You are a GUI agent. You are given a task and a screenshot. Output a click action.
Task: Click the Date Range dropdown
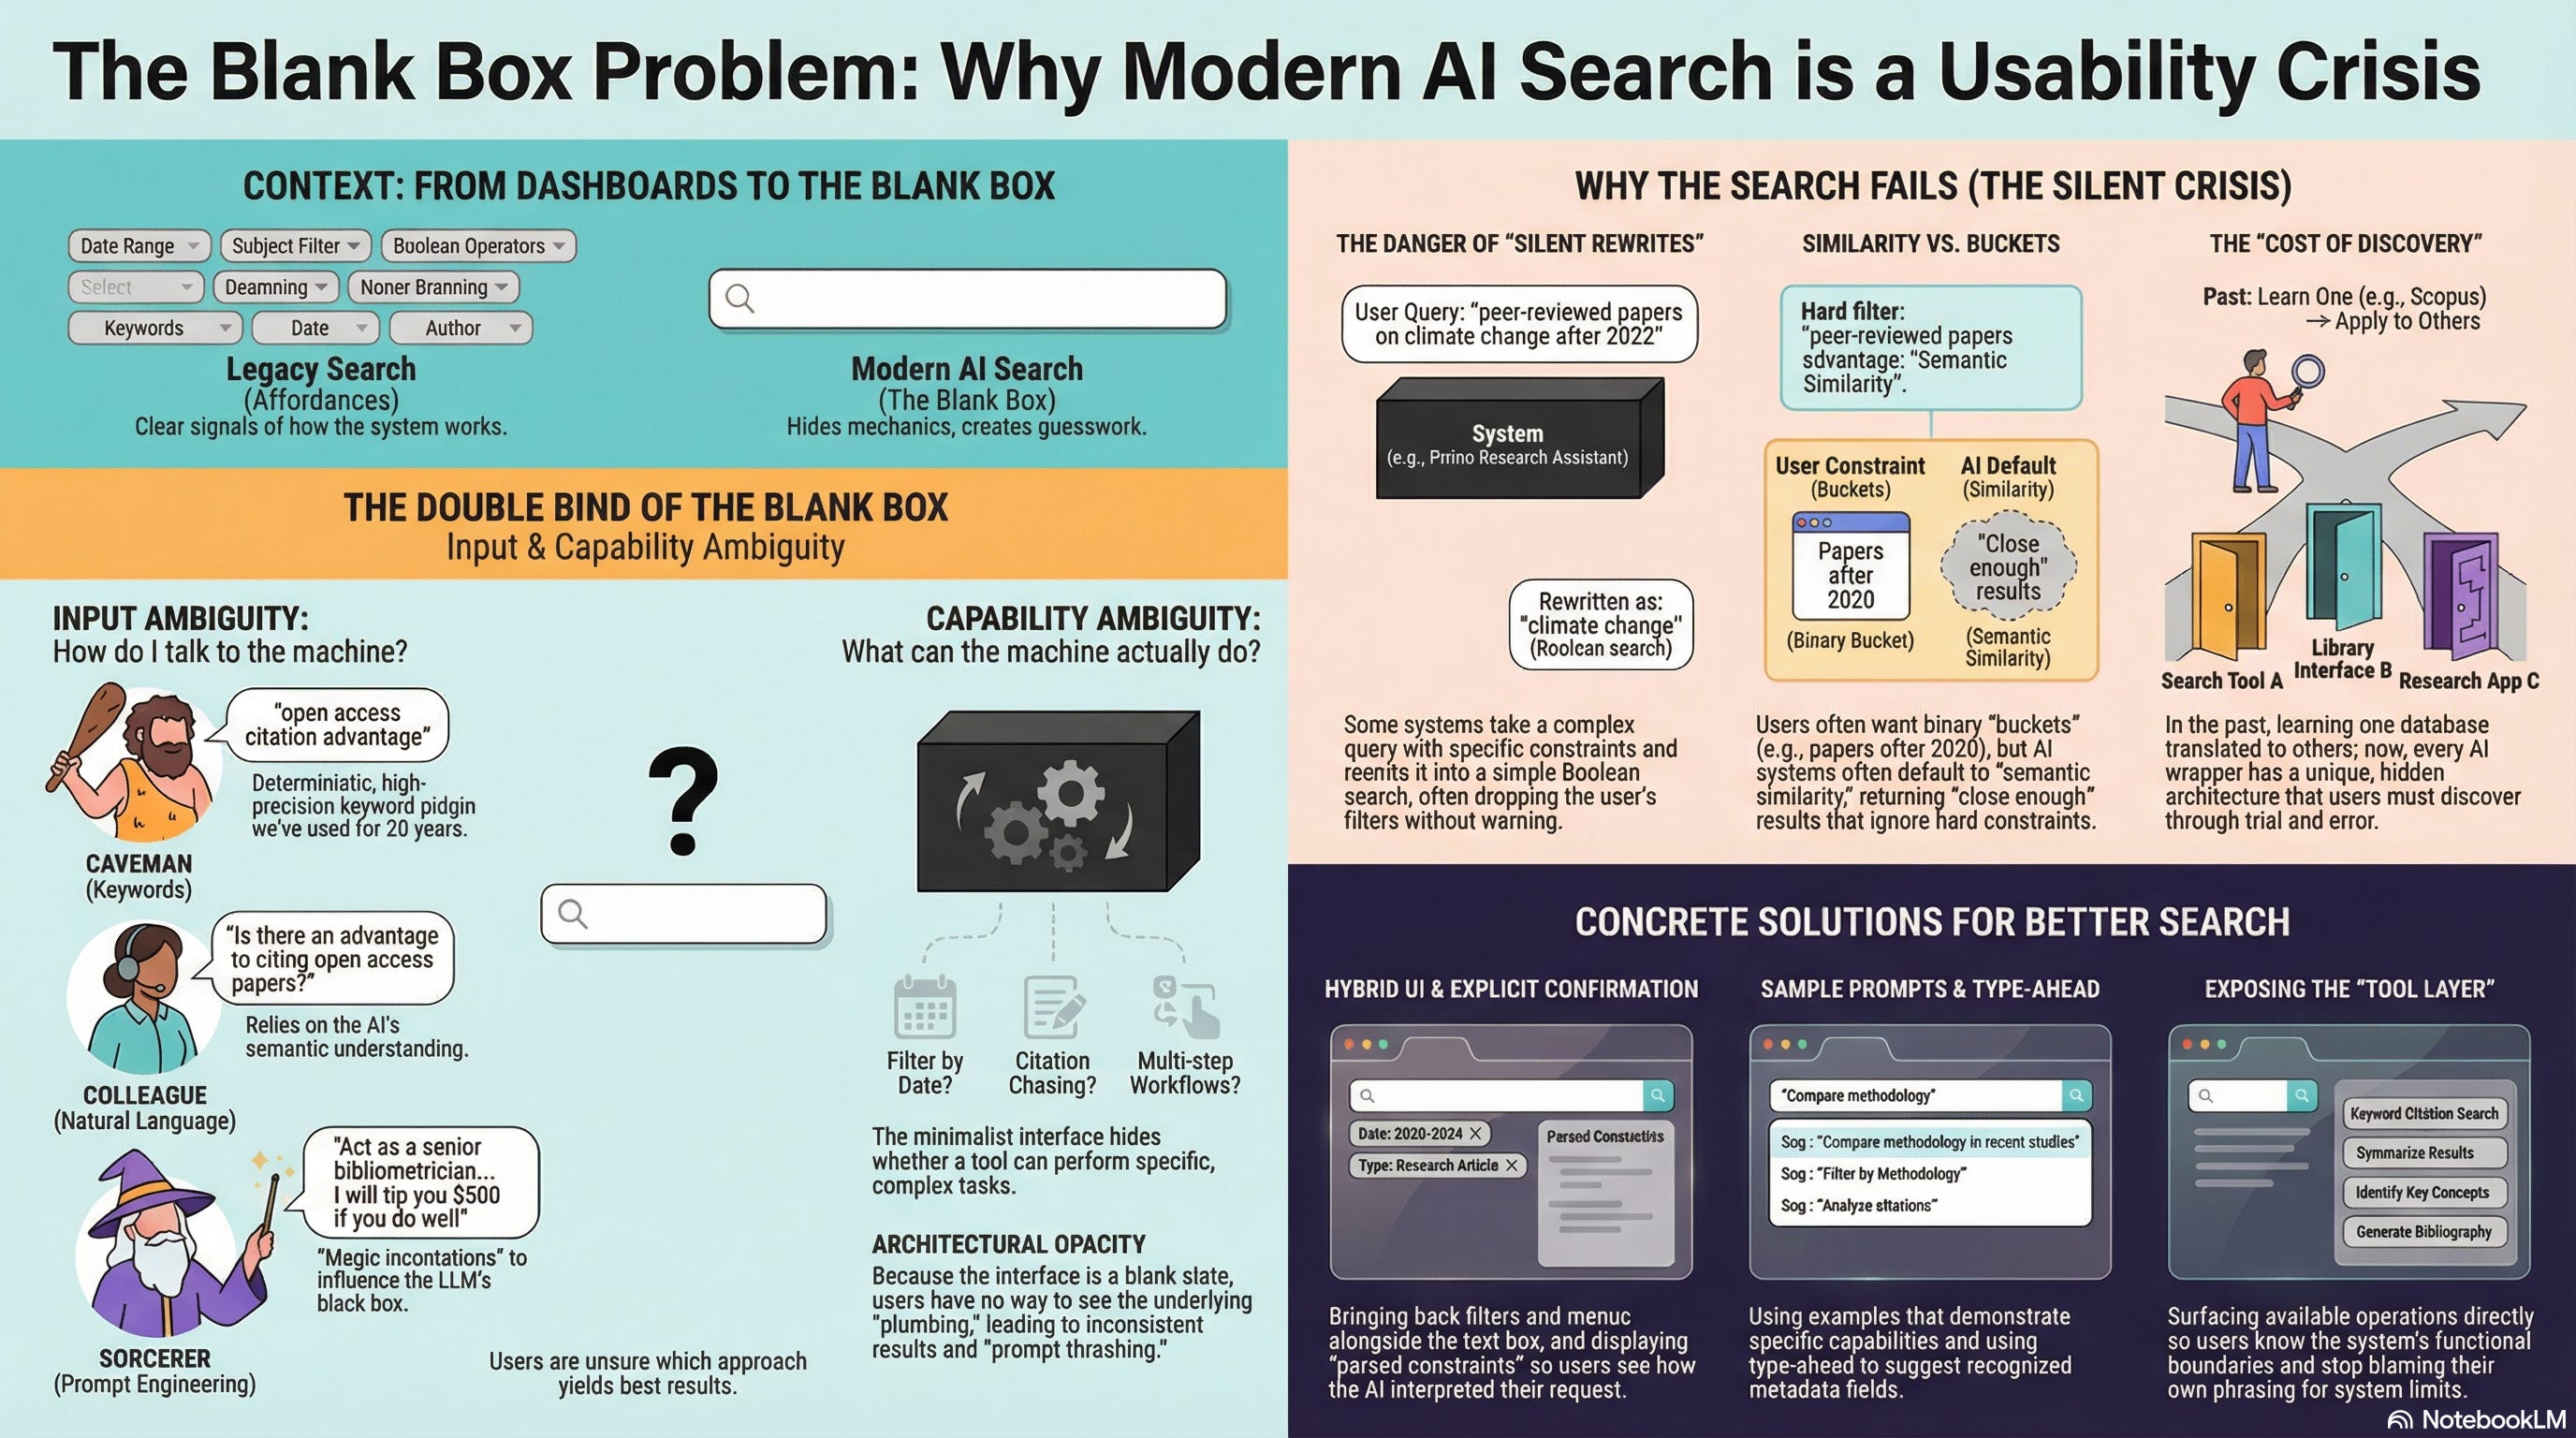point(139,246)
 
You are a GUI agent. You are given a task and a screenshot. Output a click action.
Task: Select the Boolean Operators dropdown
point(478,246)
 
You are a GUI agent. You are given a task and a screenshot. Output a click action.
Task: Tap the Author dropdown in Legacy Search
point(460,328)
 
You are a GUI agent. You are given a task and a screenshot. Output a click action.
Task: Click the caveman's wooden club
point(84,735)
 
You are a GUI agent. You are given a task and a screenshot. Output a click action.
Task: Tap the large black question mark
point(683,800)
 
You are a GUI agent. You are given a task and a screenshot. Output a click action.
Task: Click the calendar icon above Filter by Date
point(924,1008)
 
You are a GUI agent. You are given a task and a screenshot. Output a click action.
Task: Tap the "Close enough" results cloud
point(2008,567)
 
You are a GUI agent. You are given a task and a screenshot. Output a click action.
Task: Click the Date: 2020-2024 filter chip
point(1419,1134)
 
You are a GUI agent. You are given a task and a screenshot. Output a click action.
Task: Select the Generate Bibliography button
point(2423,1232)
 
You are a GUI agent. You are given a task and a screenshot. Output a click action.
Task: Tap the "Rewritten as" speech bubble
point(1600,625)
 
